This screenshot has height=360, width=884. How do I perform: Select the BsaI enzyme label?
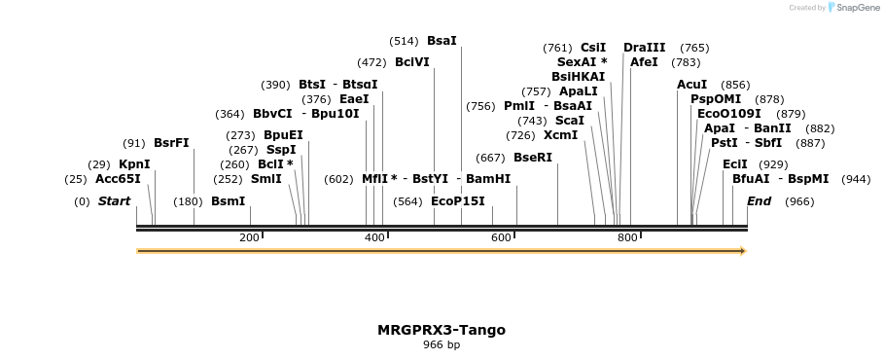point(441,41)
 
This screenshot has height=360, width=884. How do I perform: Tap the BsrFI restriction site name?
point(171,143)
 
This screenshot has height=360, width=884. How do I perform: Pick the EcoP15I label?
point(457,201)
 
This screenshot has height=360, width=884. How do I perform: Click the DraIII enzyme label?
point(644,47)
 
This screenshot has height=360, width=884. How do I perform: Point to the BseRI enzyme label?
point(532,158)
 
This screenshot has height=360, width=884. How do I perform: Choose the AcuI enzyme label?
point(691,85)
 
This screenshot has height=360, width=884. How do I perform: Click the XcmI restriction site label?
point(560,135)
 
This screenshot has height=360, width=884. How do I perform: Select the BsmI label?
point(228,201)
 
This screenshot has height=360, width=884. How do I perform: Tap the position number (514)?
point(404,41)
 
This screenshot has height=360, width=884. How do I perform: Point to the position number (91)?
point(133,143)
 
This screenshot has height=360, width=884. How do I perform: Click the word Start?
point(114,201)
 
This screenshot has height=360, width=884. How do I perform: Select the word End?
point(759,201)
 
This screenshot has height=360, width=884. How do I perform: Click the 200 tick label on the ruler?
point(249,238)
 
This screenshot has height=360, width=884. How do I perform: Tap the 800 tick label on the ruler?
point(627,238)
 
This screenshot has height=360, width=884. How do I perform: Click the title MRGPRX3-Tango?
point(442,330)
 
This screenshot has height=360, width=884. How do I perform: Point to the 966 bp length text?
point(442,344)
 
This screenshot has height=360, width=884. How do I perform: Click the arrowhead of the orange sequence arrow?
point(742,251)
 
